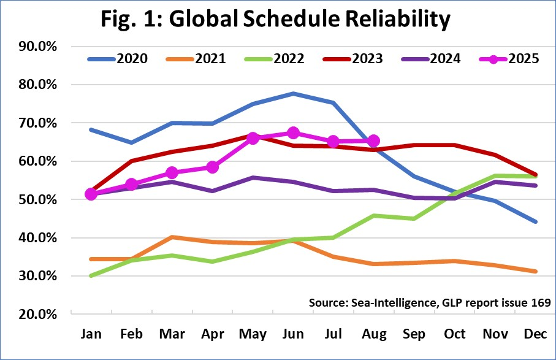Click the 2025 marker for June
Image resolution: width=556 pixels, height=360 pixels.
pyautogui.click(x=293, y=133)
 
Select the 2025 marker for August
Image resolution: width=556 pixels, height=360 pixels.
pyautogui.click(x=374, y=141)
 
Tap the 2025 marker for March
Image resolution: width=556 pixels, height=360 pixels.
pyautogui.click(x=172, y=173)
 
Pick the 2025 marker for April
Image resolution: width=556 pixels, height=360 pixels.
pyautogui.click(x=213, y=167)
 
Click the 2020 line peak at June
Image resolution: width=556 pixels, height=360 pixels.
pyautogui.click(x=293, y=94)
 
